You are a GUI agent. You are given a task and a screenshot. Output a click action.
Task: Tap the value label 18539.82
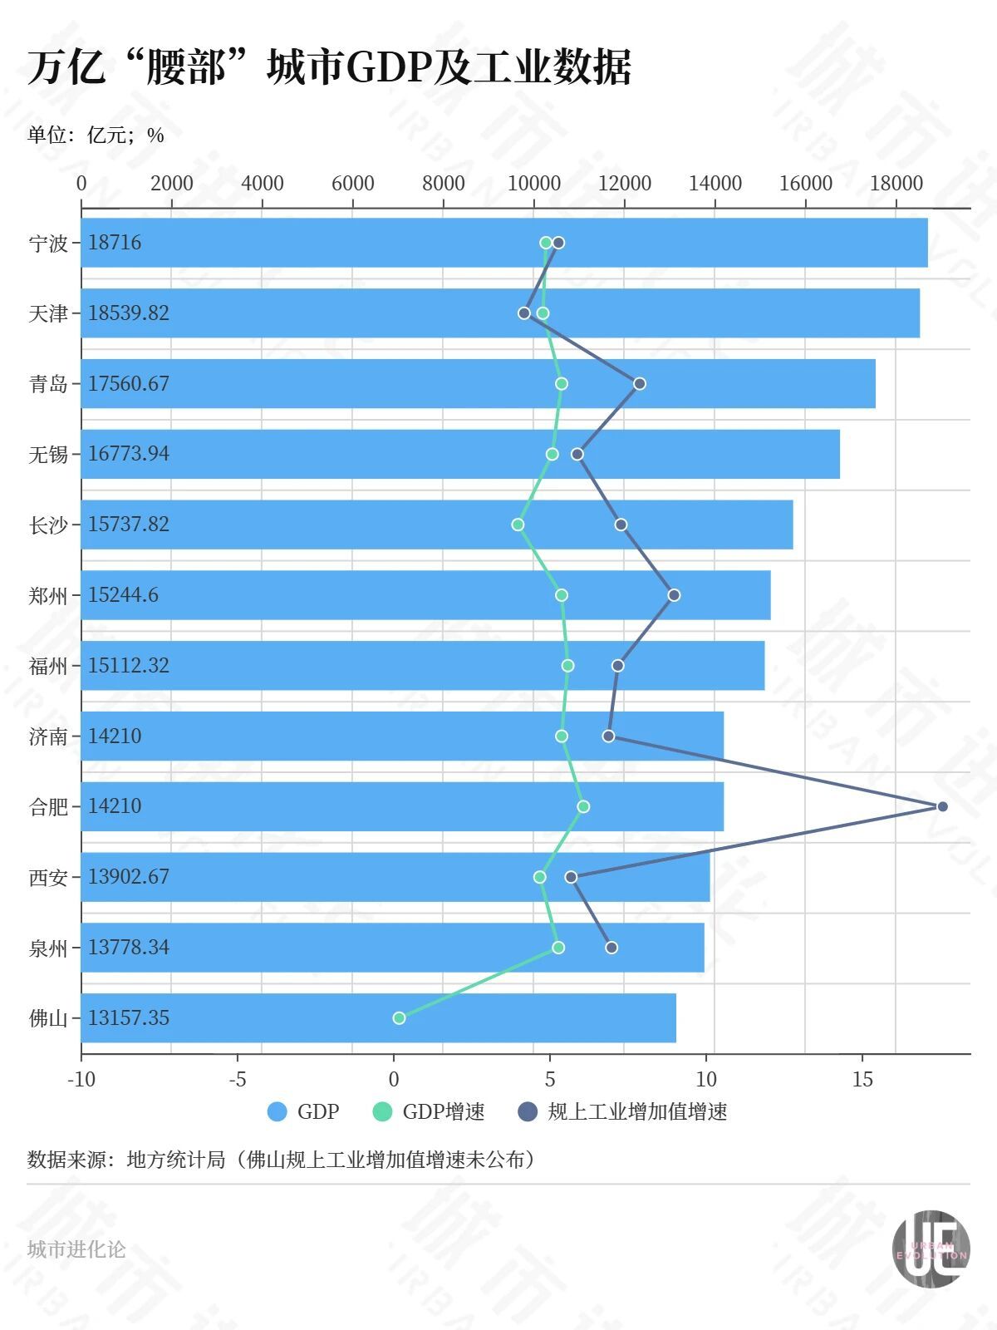(x=129, y=313)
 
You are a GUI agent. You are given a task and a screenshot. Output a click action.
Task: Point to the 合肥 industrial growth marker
(x=942, y=806)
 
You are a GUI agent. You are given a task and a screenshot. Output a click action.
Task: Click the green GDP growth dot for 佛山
(x=399, y=1018)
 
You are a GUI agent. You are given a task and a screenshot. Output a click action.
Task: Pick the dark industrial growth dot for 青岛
(x=640, y=383)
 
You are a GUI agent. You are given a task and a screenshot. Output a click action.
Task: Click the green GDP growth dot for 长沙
(x=518, y=525)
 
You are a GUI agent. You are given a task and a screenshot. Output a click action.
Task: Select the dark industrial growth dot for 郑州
(x=674, y=595)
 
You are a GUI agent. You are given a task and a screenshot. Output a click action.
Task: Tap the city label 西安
(x=48, y=878)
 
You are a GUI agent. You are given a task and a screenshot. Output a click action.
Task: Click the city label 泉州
(x=48, y=948)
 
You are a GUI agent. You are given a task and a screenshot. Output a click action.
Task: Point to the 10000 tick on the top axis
(x=533, y=184)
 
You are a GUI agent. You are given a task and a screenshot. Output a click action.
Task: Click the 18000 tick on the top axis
(x=896, y=184)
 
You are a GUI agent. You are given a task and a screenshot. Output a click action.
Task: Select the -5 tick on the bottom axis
(x=238, y=1080)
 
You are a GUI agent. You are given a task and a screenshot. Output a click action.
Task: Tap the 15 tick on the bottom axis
(x=862, y=1080)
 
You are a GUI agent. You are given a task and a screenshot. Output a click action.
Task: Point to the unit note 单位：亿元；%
(x=96, y=135)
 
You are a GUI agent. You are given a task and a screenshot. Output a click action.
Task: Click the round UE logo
(x=931, y=1249)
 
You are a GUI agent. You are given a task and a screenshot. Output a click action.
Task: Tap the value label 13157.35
(x=129, y=1018)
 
